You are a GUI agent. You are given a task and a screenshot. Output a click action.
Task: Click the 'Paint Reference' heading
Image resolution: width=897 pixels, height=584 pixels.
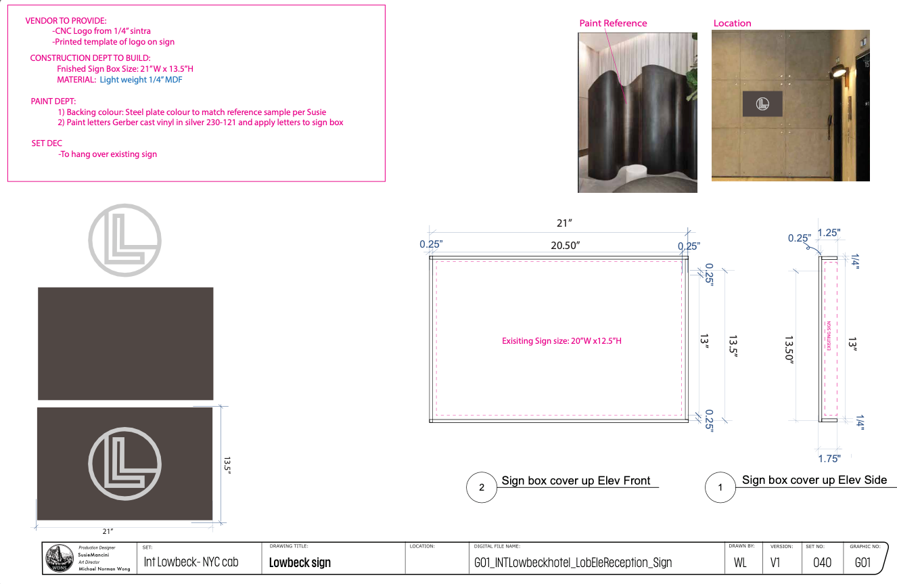point(613,23)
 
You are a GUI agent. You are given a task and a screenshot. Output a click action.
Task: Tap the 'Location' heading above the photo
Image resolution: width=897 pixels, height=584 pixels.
point(732,23)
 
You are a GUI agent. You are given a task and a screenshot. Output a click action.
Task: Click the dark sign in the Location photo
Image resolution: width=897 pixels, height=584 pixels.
point(762,104)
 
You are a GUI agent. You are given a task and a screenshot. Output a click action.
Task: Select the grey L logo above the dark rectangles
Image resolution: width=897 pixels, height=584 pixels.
point(125,240)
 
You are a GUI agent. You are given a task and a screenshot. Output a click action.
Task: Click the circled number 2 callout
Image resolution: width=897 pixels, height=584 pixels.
point(482,488)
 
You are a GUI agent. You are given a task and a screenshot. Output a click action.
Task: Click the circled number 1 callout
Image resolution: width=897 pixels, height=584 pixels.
point(720,488)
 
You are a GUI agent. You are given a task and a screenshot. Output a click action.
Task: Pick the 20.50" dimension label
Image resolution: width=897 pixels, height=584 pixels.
point(566,246)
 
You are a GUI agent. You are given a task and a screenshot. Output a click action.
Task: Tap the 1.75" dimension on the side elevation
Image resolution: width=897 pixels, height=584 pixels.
point(829,459)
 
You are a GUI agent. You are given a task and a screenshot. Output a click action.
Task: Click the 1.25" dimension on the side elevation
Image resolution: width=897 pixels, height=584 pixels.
point(829,233)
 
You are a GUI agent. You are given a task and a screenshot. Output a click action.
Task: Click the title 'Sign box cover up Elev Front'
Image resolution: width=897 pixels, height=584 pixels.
point(576,480)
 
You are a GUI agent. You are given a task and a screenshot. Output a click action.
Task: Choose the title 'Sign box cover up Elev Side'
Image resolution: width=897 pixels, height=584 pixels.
point(814,480)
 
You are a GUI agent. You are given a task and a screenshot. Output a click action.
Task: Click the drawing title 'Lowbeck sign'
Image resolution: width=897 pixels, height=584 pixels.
point(300,562)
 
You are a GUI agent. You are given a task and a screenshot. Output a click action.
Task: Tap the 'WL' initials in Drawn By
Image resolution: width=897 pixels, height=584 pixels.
point(740,562)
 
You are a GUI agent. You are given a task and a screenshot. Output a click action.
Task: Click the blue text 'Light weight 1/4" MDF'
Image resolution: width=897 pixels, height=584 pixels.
point(141,80)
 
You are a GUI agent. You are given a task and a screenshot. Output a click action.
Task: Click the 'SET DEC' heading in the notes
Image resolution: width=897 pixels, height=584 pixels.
point(47,143)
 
